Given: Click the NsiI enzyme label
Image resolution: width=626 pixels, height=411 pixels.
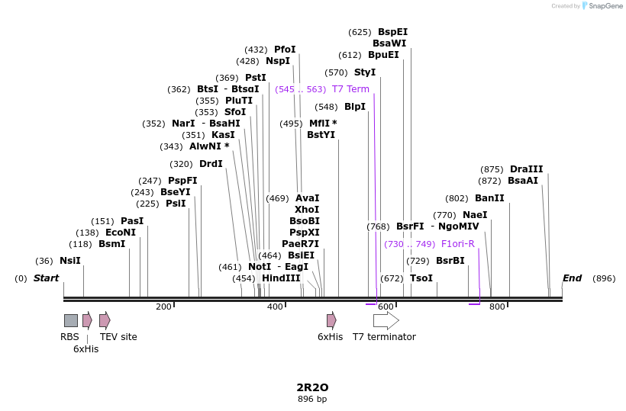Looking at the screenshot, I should click(x=70, y=261).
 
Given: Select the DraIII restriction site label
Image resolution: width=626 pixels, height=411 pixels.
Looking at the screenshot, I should click(x=526, y=169).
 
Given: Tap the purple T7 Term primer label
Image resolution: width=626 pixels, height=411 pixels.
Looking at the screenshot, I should click(x=350, y=89).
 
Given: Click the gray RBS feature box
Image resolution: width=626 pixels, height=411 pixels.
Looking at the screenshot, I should click(x=71, y=320).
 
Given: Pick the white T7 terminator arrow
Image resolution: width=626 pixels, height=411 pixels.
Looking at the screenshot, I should click(x=386, y=320).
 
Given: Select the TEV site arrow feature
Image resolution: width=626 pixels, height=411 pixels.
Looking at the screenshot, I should click(x=105, y=320).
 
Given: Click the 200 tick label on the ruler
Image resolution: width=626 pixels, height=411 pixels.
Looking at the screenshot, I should click(x=163, y=307).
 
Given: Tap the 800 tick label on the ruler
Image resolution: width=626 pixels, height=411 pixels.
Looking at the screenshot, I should click(x=497, y=307).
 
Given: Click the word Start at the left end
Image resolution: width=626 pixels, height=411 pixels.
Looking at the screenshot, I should click(x=46, y=278).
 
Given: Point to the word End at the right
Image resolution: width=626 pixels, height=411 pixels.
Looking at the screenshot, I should click(x=572, y=278).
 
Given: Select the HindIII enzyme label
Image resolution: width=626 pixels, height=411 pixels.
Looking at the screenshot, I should click(x=281, y=278).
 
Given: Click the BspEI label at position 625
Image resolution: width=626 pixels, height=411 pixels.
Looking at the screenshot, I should click(x=392, y=32).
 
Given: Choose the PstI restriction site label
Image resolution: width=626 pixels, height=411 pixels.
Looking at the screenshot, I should click(x=255, y=78).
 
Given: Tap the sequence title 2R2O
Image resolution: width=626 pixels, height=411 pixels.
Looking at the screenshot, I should click(x=312, y=387).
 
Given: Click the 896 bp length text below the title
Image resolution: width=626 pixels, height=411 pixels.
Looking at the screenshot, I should click(x=312, y=399).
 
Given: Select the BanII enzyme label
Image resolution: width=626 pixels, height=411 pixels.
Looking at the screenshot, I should click(x=489, y=198).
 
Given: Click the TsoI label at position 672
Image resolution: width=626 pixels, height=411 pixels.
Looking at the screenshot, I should click(x=421, y=278).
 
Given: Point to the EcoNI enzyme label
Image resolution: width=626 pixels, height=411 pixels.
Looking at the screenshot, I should click(x=120, y=233).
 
